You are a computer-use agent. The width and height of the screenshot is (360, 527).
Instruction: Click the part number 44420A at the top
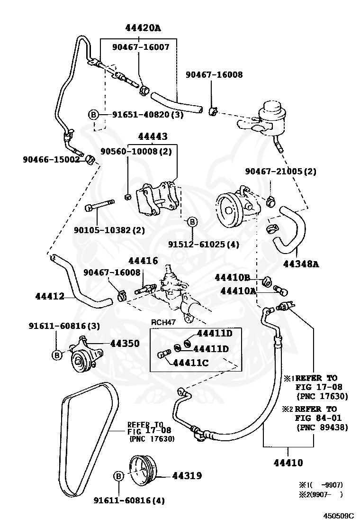[x=143, y=28]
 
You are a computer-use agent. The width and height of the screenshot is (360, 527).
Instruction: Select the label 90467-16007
[x=141, y=47]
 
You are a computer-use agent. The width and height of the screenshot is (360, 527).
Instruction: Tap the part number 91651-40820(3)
[x=147, y=115]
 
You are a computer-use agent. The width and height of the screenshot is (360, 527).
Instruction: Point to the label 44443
[x=153, y=136]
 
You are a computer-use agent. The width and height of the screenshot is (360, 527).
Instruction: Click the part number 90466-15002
[x=51, y=160]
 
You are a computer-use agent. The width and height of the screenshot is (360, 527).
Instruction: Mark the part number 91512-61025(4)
[x=204, y=244]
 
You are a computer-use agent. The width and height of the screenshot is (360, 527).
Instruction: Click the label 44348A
[x=301, y=264]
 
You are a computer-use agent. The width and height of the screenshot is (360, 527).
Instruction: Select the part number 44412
[x=50, y=297]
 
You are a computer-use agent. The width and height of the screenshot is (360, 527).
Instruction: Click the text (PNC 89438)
[x=322, y=427]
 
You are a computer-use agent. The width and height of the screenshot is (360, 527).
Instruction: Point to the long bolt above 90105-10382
[x=100, y=207]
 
